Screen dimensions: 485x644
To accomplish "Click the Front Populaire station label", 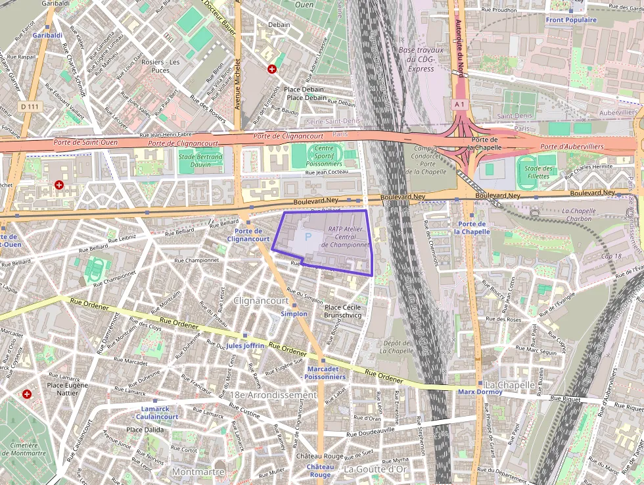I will click(x=571, y=20).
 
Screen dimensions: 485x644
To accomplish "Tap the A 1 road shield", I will click(x=459, y=104).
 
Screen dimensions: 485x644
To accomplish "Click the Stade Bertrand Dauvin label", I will click(x=200, y=160).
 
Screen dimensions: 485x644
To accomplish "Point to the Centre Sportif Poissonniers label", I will click(x=324, y=156).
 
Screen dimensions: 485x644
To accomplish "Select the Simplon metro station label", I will click(x=294, y=314).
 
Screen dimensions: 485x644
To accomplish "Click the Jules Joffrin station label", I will click(x=245, y=345).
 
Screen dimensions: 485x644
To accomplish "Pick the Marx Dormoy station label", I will click(x=480, y=392).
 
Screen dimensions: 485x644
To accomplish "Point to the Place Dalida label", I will click(x=145, y=430).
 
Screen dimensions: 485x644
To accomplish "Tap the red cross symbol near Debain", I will click(x=271, y=69).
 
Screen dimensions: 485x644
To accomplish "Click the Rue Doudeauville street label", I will click(x=370, y=432).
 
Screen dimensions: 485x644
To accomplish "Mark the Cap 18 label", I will click(x=610, y=256).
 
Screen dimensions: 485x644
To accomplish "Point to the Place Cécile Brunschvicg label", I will click(x=343, y=311).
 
